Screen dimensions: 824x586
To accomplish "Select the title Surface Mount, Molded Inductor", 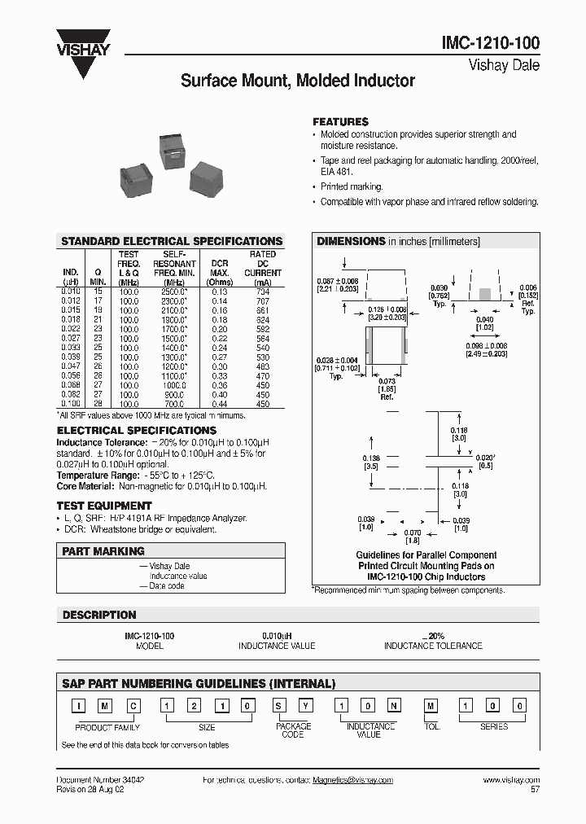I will (x=297, y=81).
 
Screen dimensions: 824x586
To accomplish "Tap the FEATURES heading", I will (x=340, y=121).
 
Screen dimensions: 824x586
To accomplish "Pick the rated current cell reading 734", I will (x=263, y=291).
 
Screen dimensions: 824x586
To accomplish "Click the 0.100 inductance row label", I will (x=71, y=404).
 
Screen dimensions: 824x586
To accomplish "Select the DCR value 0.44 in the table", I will (x=220, y=404).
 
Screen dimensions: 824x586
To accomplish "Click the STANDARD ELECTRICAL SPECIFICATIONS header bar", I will (x=172, y=241).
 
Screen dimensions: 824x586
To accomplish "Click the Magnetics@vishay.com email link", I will (x=352, y=780).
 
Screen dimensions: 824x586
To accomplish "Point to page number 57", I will (x=534, y=789).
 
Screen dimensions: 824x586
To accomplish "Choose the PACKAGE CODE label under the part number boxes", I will (x=293, y=730).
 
